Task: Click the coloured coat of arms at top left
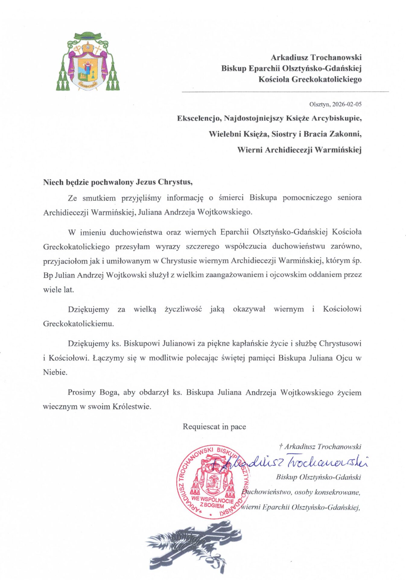(87, 62)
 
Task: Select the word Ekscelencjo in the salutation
(199, 118)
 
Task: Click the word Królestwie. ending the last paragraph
(132, 407)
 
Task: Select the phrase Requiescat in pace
(214, 427)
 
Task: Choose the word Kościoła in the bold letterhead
(274, 79)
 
